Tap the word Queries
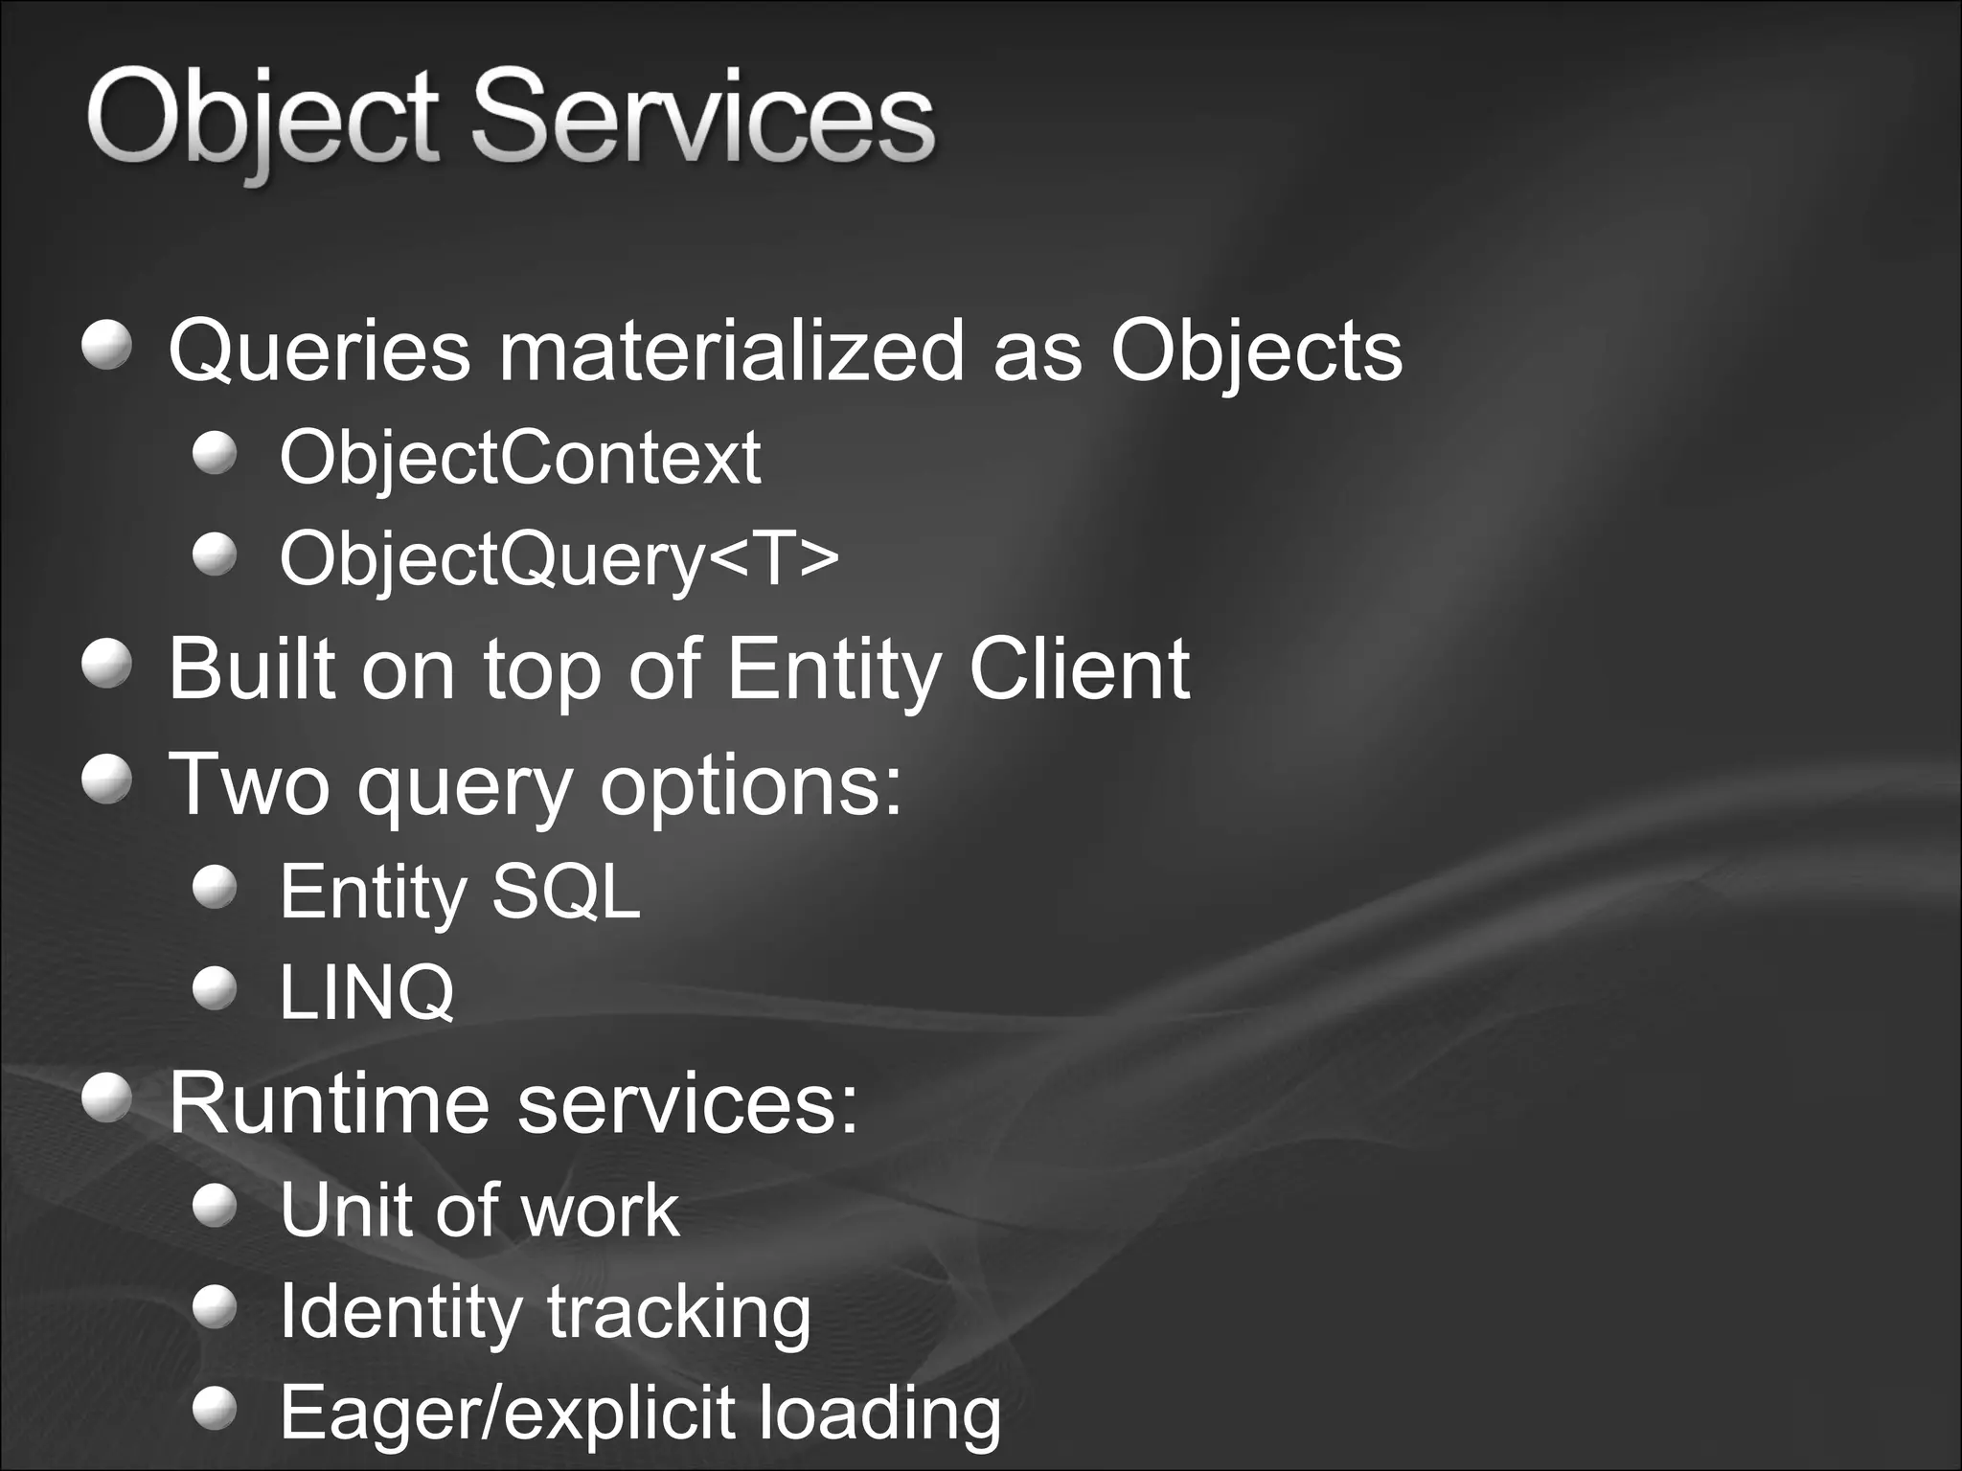point(320,351)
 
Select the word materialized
point(731,351)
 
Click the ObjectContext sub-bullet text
point(520,457)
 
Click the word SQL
point(565,892)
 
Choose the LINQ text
point(367,992)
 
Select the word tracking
point(678,1312)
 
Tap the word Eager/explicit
point(507,1414)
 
